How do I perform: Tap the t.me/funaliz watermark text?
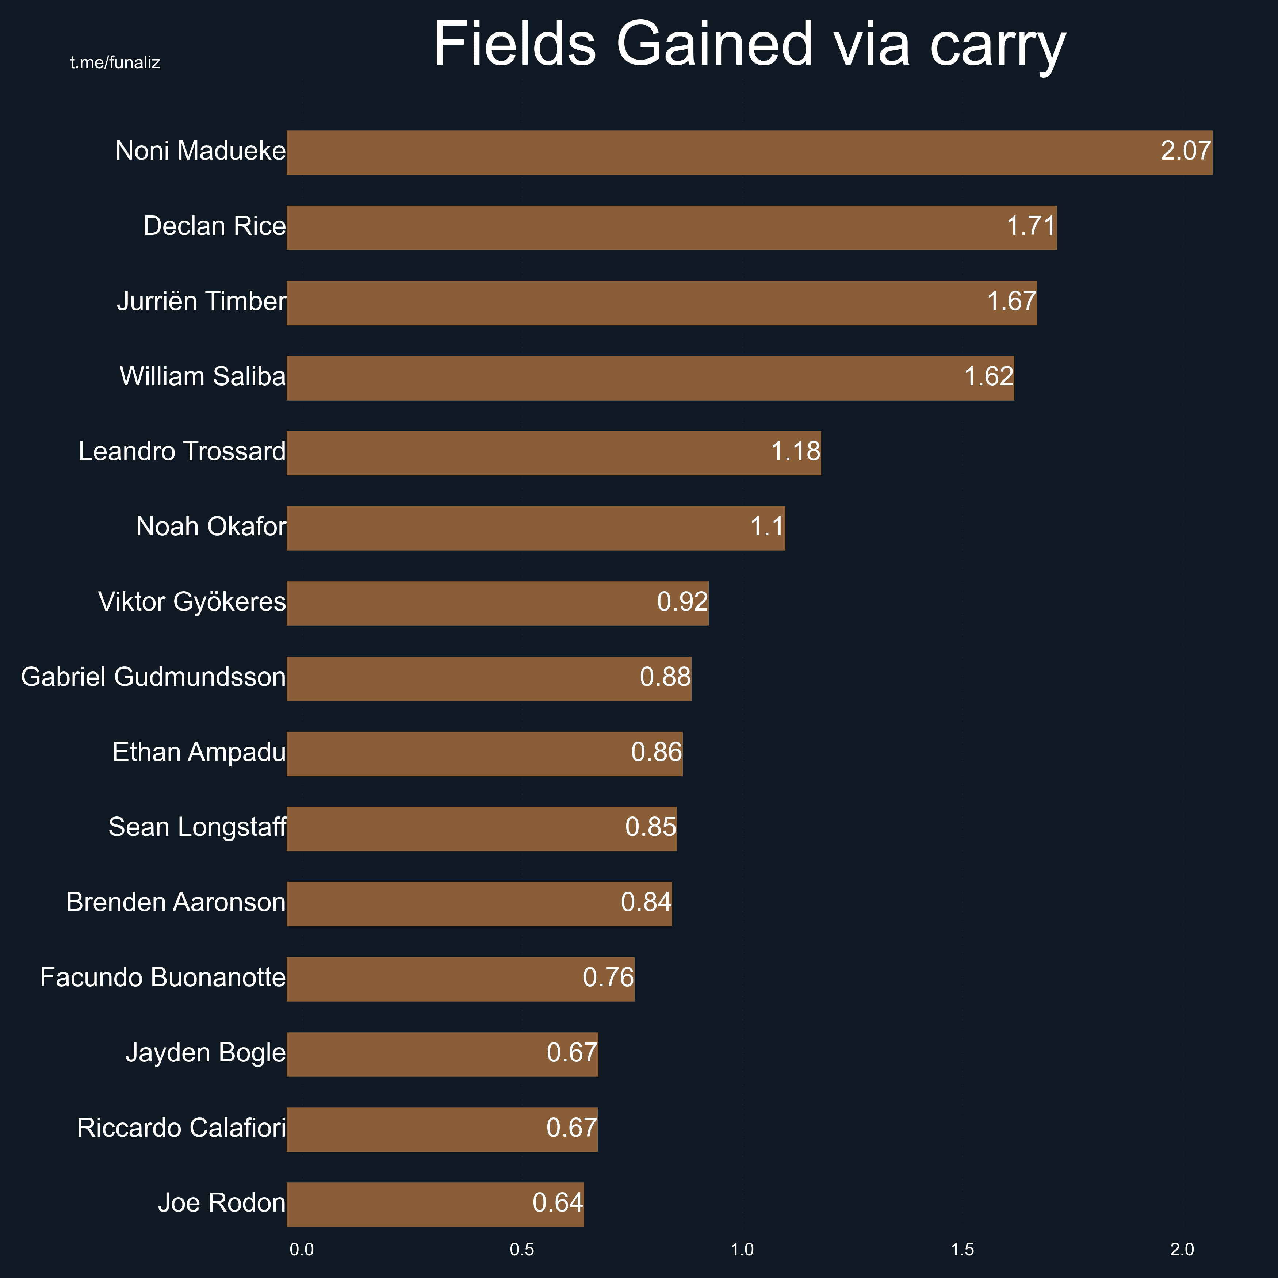coord(115,63)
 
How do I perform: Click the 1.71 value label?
coord(1030,226)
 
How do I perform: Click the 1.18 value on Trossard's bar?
coord(795,452)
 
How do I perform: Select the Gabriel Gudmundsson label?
coord(153,677)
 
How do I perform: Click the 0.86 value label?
coord(656,753)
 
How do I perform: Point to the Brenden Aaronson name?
coord(176,903)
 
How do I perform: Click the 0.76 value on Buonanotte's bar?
coord(608,978)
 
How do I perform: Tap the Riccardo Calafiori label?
coord(181,1129)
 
